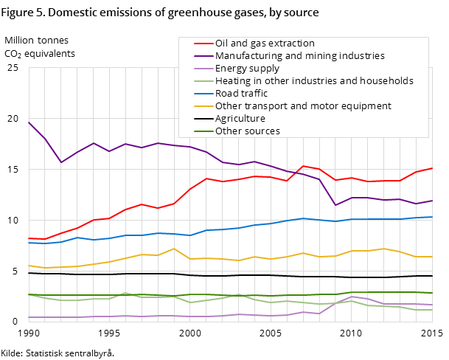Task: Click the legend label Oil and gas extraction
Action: pos(265,44)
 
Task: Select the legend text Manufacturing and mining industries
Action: pos(299,56)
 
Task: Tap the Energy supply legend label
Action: pos(247,69)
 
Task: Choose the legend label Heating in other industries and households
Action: pos(314,81)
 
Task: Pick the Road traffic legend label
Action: pos(241,94)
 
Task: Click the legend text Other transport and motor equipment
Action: pos(303,106)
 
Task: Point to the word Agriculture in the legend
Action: pos(240,119)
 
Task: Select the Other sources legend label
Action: pos(248,131)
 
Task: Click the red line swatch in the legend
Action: pos(198,44)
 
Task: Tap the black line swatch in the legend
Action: pos(198,119)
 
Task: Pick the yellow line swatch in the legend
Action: pos(198,106)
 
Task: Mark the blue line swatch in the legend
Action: pos(198,94)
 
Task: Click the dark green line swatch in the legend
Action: pos(198,131)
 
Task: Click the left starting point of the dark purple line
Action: pos(29,122)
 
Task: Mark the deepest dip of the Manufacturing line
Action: pos(335,205)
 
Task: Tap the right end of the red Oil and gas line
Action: pos(432,168)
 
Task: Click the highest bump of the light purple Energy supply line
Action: pos(352,297)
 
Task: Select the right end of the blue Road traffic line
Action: pos(432,217)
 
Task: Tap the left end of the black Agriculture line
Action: pos(29,273)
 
